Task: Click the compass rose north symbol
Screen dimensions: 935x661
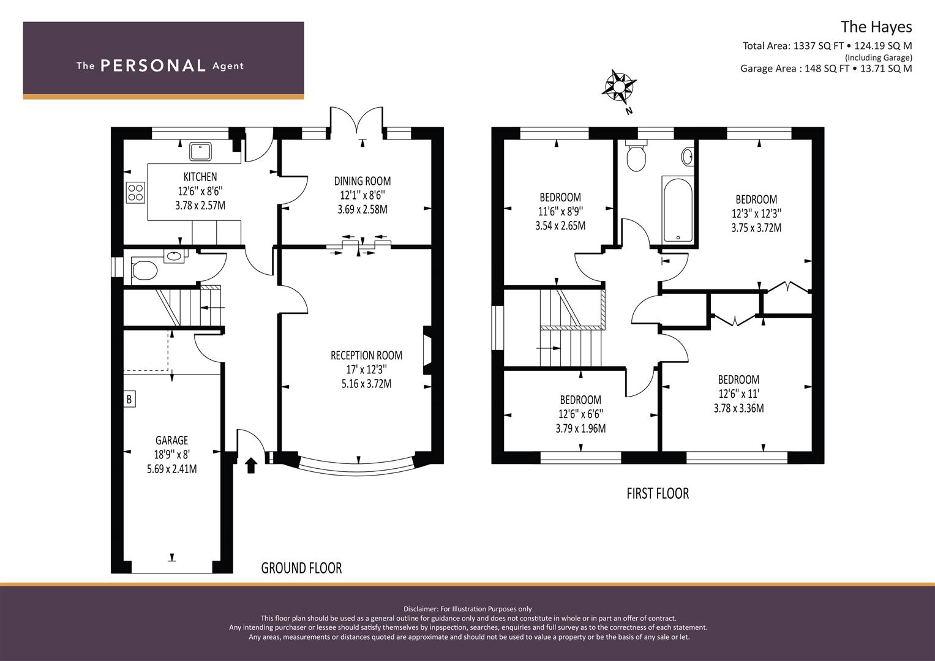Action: [619, 87]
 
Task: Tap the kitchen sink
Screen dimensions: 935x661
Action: [200, 152]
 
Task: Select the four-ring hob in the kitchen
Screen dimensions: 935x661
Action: [136, 193]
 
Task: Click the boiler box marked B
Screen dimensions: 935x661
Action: [129, 399]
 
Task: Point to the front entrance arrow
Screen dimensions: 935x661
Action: [250, 465]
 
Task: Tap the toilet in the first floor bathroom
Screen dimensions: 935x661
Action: [636, 155]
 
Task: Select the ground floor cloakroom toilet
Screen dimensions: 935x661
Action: [144, 270]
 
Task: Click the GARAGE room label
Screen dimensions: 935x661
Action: [171, 440]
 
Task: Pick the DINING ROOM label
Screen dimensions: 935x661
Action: [362, 181]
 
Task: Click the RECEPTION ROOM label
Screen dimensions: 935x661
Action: [367, 356]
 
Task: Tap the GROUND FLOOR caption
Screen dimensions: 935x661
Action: [301, 568]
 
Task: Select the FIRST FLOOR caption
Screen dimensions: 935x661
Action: [658, 494]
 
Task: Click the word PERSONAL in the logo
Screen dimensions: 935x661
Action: [153, 65]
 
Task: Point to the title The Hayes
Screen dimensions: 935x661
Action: [876, 27]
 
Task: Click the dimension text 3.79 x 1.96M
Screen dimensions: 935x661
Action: [580, 428]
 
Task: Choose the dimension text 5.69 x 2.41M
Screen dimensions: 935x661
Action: [171, 469]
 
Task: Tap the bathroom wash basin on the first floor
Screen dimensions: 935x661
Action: [688, 157]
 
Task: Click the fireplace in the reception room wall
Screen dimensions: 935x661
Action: [427, 350]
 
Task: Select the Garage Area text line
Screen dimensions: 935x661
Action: [826, 69]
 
